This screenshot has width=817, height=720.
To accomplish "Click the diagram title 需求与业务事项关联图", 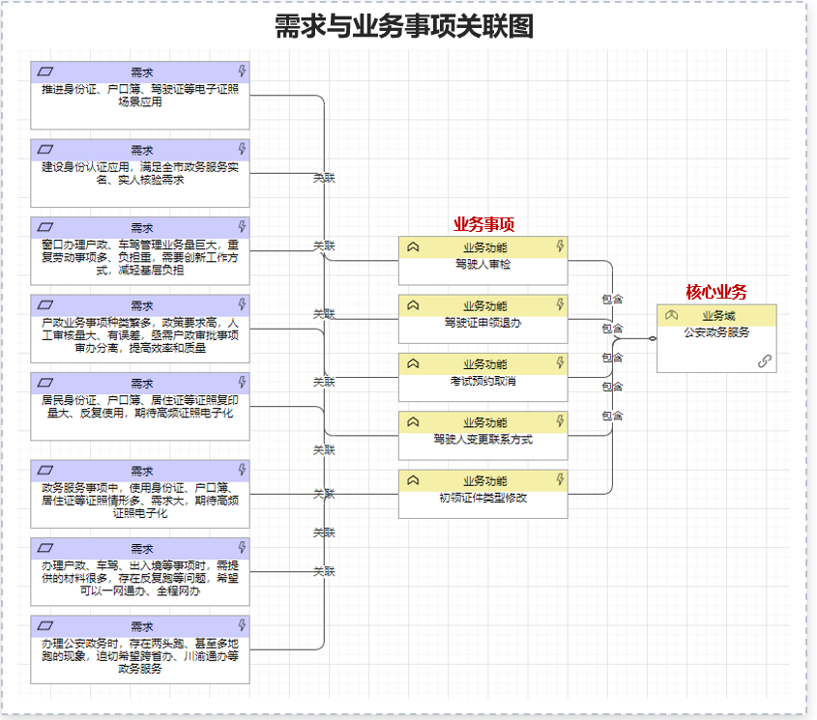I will coord(404,26).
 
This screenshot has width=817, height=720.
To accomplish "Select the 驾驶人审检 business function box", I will coord(483,261).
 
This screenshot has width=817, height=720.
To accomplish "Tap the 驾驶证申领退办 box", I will coord(483,319).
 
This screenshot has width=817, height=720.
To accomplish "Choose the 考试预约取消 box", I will coord(483,378).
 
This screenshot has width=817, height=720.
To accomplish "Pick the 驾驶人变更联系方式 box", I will coord(483,436).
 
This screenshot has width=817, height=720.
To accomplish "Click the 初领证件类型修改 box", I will coord(483,494).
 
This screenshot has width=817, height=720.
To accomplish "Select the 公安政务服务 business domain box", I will coord(716,338).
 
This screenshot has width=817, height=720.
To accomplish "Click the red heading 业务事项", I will coord(484,224).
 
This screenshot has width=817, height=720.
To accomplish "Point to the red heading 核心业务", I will coord(716,292).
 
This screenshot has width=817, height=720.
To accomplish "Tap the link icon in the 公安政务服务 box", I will coord(765,360).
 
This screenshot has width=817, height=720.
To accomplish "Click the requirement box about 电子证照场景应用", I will coord(140,96).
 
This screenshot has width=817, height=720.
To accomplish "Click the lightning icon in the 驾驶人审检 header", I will coord(560,246).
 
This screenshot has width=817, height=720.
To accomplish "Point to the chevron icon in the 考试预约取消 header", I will coord(413,363).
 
